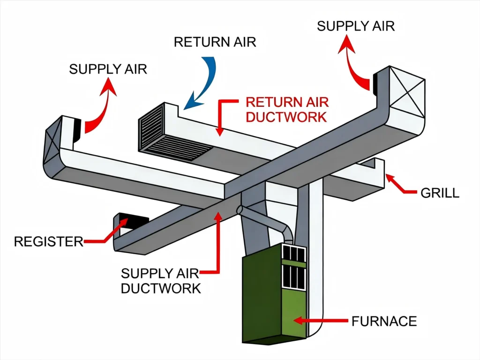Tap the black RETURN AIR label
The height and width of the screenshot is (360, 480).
click(x=215, y=42)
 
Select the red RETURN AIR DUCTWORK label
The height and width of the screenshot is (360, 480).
click(x=287, y=109)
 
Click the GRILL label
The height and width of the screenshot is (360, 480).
click(x=440, y=193)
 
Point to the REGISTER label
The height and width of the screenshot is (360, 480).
click(x=48, y=242)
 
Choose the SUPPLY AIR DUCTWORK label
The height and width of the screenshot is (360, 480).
click(x=161, y=280)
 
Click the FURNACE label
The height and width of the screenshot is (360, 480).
click(x=384, y=321)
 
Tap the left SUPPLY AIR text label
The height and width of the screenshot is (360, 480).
click(x=108, y=69)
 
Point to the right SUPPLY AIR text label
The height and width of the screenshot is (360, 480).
click(x=356, y=25)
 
